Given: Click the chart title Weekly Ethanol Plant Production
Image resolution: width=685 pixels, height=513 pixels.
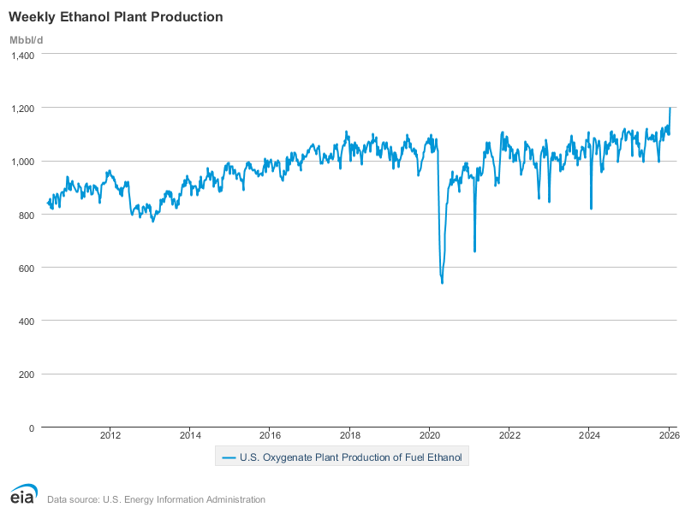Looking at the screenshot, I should [116, 17].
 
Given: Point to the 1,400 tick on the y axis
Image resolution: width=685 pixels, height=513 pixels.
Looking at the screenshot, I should [22, 55].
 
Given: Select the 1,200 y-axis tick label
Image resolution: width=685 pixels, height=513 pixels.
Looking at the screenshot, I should [22, 108].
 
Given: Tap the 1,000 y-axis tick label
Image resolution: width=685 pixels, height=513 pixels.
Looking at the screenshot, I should [22, 162].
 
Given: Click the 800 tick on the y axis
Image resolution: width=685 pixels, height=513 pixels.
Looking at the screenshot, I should [26, 215].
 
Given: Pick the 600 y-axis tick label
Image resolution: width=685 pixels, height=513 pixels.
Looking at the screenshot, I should [26, 268].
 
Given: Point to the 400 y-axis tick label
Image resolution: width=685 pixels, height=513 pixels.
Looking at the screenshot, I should [26, 321].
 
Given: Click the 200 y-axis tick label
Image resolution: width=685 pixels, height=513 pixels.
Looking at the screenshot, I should [26, 374].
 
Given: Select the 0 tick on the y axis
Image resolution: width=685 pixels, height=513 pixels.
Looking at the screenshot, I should [31, 427].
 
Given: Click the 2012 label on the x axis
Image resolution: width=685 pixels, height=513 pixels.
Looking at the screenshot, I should [110, 435].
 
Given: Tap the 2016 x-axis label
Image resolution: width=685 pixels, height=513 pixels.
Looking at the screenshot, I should [270, 435].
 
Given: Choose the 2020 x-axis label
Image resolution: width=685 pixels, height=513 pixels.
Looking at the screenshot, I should [430, 435].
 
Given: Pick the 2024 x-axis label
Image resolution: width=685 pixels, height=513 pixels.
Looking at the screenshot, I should [589, 435].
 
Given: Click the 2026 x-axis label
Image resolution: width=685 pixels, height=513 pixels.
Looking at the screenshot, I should [669, 435].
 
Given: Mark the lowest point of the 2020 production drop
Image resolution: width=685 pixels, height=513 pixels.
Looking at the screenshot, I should [442, 282].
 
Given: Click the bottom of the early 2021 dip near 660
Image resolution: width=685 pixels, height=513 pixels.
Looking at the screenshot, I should [474, 251].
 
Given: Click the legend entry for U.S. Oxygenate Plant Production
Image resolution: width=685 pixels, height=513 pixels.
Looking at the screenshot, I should [342, 457].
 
